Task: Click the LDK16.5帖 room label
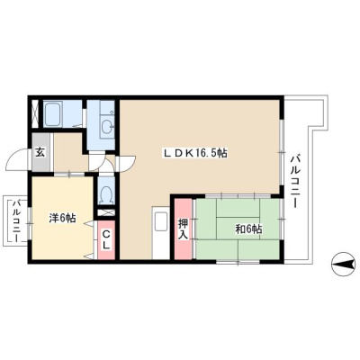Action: [194, 153]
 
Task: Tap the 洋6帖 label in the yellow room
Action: [62, 218]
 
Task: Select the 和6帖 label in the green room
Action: [248, 229]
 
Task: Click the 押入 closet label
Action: [183, 229]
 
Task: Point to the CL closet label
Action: [106, 239]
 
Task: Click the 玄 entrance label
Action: [40, 153]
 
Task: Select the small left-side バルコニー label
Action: [16, 220]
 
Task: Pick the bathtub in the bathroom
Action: [53, 114]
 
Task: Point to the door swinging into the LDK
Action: [127, 163]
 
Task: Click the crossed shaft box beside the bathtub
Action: [35, 113]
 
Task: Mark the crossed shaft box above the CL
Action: [106, 212]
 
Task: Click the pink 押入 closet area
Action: [184, 229]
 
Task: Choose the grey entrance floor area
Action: [41, 152]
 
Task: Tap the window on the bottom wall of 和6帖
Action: [238, 262]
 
